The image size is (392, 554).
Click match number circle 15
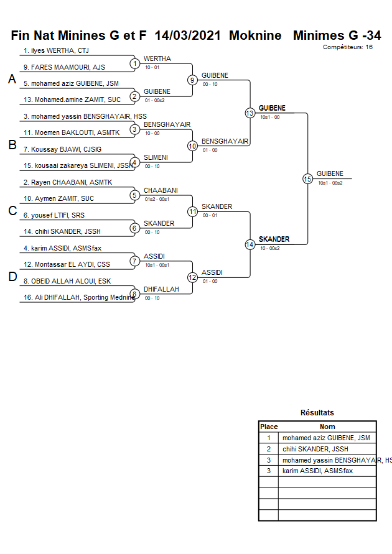coord(307,178)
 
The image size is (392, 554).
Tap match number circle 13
coord(250,113)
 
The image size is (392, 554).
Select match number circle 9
coord(192,80)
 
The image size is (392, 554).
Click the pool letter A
coord(12,79)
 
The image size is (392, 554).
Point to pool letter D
coord(12,277)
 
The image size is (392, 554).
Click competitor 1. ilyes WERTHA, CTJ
coord(56,50)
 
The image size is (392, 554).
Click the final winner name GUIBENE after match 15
coord(329,173)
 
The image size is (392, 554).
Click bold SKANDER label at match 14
coord(274,239)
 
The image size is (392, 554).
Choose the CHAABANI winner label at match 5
coord(161,190)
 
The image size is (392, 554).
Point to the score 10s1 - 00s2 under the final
coord(330,182)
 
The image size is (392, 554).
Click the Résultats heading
coord(317,412)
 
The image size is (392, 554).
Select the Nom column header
coord(327,427)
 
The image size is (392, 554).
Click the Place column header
coord(269,427)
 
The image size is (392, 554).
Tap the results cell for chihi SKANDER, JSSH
coord(315,449)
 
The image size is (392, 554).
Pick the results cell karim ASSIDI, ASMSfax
coord(317,471)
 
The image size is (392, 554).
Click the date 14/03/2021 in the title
coord(189,35)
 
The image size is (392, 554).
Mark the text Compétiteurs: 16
coord(348,47)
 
